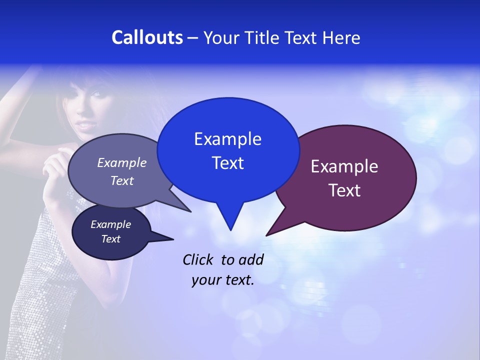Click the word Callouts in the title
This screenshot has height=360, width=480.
click(147, 38)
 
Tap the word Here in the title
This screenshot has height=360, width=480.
click(342, 38)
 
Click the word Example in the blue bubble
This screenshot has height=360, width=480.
click(227, 139)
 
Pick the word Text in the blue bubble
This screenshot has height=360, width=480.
click(227, 163)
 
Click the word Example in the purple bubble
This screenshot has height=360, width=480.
click(344, 166)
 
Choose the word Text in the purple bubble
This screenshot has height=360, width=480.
click(344, 190)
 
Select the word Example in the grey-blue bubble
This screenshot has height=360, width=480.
click(121, 162)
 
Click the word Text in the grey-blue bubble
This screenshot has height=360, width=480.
click(121, 180)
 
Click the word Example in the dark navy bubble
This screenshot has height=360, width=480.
click(110, 224)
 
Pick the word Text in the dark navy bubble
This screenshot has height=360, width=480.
click(110, 239)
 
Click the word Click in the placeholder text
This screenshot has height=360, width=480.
click(197, 259)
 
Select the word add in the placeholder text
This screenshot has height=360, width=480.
click(251, 259)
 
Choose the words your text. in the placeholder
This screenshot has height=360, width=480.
click(222, 280)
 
